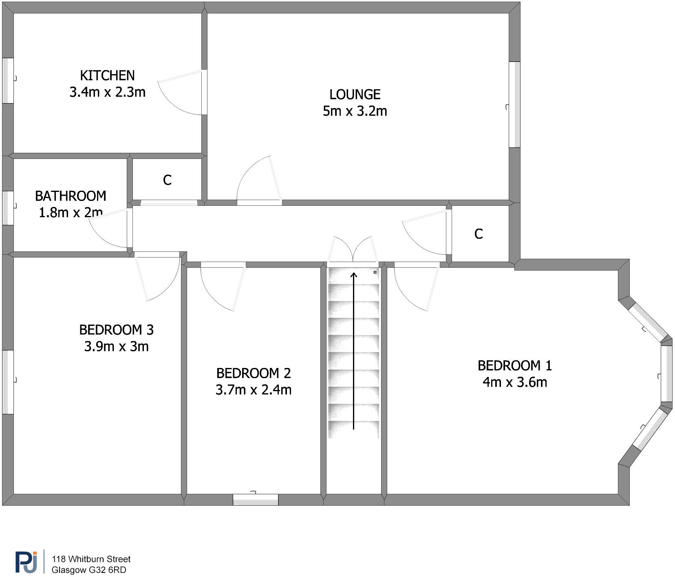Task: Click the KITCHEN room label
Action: click(107, 75)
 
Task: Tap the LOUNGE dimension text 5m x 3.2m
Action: click(355, 111)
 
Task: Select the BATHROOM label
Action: click(71, 196)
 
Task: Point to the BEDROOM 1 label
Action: click(514, 366)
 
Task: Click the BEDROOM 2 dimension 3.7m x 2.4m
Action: click(253, 390)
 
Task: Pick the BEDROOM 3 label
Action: click(116, 330)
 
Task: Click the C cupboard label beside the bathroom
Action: click(167, 180)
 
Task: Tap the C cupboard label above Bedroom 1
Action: click(479, 234)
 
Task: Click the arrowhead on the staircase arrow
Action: click(354, 275)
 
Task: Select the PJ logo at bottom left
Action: click(26, 562)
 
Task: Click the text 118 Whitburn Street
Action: click(91, 559)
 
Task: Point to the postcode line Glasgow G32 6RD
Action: click(88, 570)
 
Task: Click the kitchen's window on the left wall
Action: click(8, 80)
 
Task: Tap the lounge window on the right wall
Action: click(515, 104)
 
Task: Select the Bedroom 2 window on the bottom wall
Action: click(256, 500)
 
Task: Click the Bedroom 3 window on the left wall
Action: click(8, 382)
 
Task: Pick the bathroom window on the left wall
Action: click(8, 208)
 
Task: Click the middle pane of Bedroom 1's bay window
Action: click(666, 373)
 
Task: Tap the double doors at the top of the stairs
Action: click(353, 249)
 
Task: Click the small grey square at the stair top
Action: click(375, 272)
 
